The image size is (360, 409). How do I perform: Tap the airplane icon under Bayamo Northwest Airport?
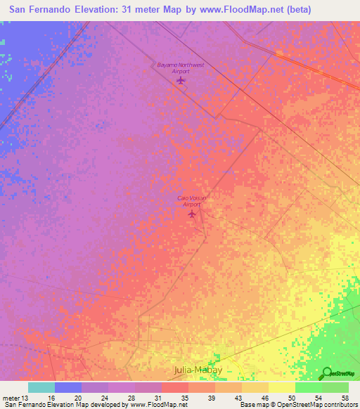tap(181, 81)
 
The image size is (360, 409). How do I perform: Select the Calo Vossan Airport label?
tap(192, 201)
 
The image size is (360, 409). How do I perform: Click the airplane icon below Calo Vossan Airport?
tap(192, 214)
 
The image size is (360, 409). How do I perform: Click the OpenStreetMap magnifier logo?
tap(327, 372)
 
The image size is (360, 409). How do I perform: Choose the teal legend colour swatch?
tap(41, 387)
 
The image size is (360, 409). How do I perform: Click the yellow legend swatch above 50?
tap(281, 387)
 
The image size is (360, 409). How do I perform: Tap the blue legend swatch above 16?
tap(68, 387)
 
